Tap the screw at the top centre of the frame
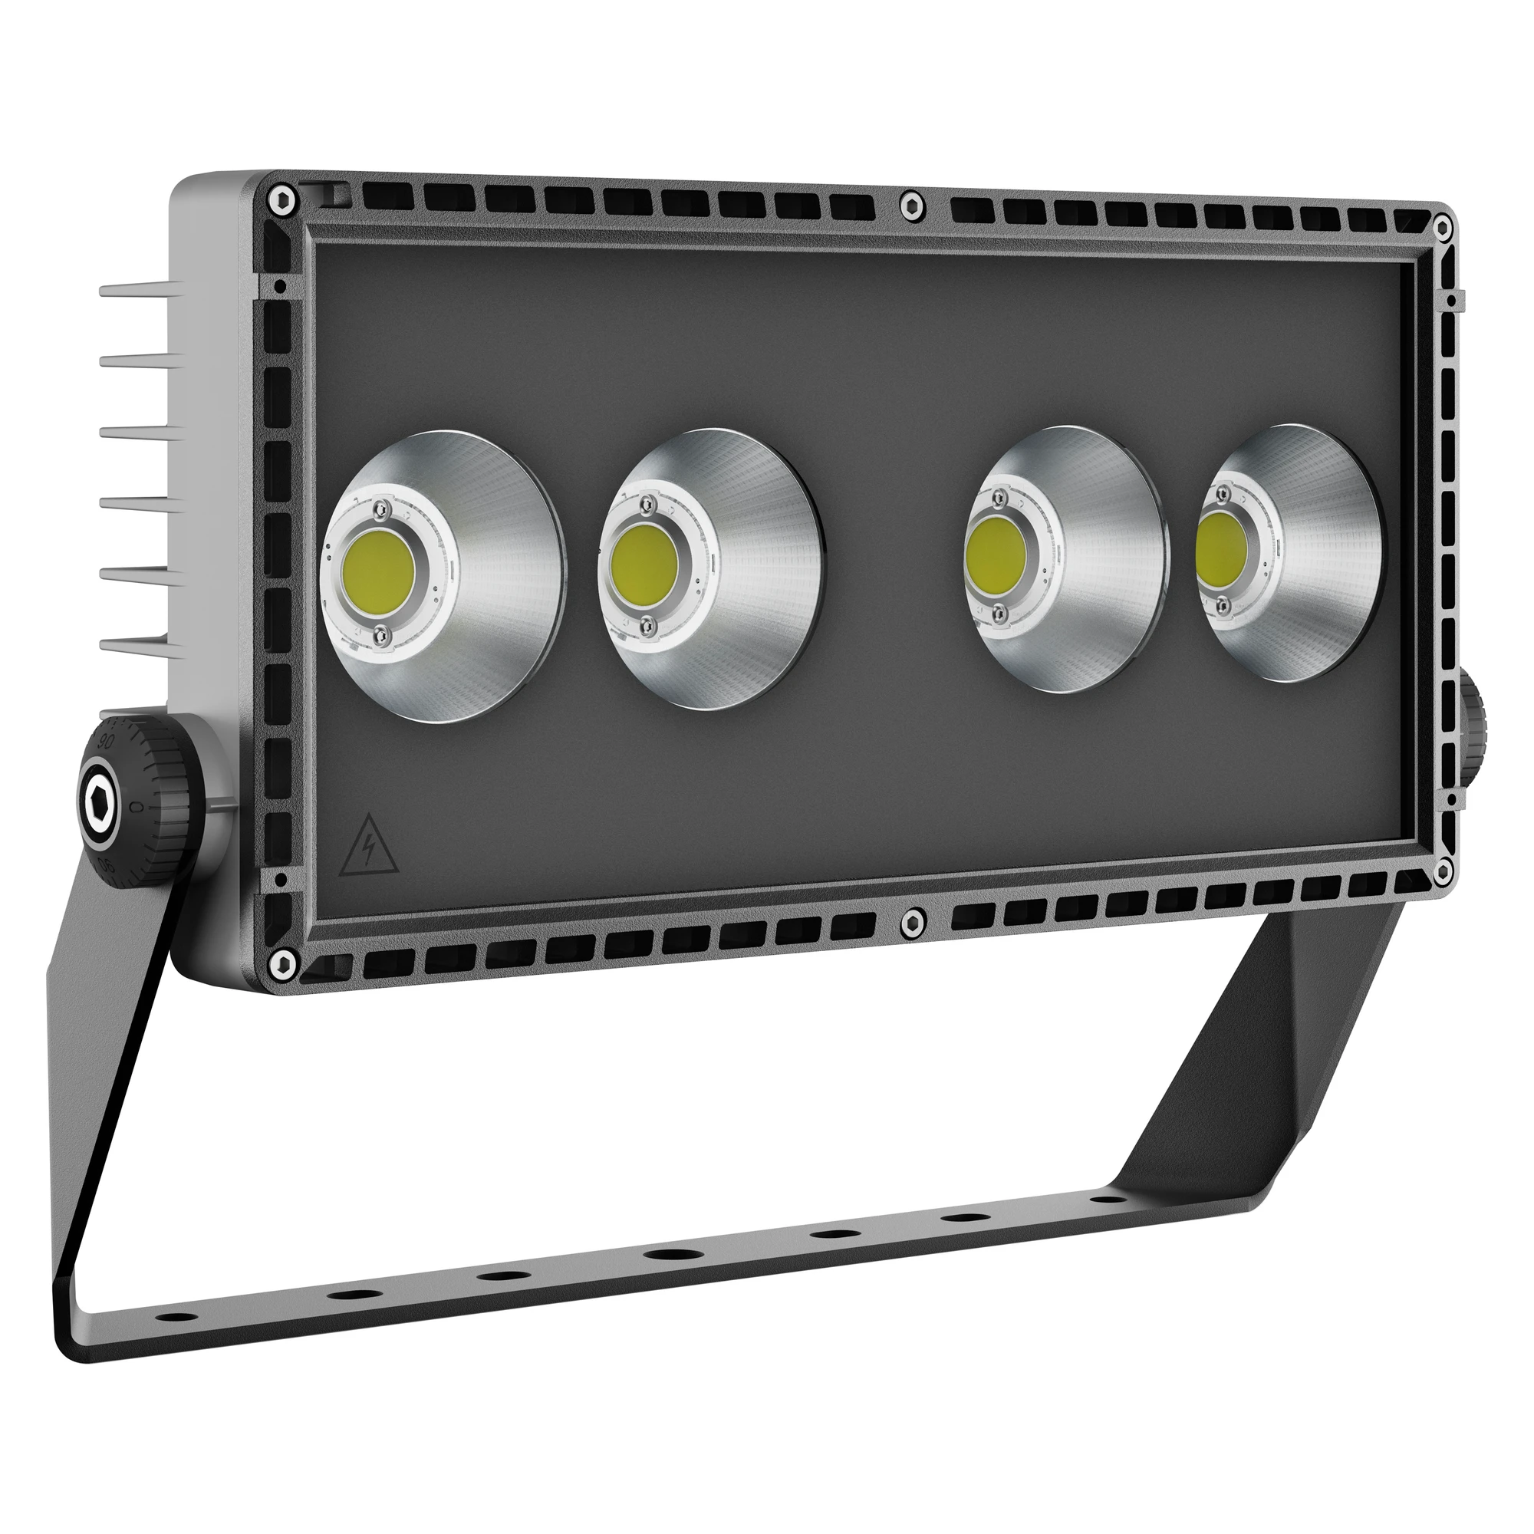point(912,206)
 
